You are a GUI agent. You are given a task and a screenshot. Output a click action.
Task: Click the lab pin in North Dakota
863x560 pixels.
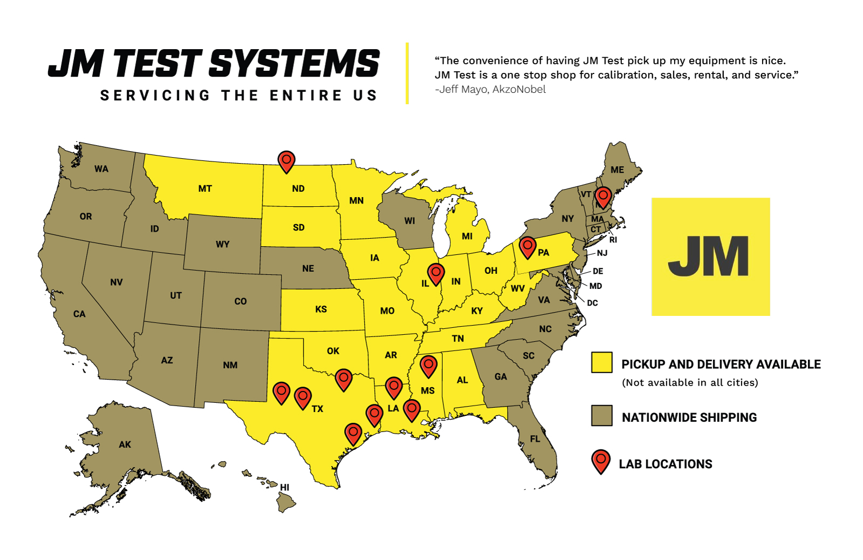click(286, 161)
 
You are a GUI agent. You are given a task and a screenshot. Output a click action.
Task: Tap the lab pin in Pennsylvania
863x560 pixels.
click(528, 247)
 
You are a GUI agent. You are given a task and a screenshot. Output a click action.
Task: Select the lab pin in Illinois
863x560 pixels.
click(436, 273)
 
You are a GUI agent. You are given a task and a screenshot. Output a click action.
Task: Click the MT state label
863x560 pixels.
click(205, 188)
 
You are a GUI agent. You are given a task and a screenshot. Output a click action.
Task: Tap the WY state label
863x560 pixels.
click(223, 244)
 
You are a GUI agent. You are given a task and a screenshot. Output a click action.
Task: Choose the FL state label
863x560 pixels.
click(535, 439)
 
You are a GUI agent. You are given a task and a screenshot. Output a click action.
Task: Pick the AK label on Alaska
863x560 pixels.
click(125, 444)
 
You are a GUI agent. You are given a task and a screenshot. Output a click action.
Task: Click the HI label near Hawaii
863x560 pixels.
click(285, 487)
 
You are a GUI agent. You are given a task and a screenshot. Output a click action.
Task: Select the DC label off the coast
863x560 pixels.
click(592, 303)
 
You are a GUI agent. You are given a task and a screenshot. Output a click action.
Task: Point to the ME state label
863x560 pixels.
click(618, 170)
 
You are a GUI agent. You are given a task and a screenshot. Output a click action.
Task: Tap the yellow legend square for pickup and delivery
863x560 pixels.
click(601, 362)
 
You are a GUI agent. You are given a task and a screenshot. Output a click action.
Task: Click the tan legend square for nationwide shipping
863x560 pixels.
click(601, 416)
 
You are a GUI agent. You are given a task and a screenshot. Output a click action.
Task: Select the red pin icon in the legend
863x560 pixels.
click(601, 461)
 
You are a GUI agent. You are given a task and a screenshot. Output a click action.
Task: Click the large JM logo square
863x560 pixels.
click(710, 257)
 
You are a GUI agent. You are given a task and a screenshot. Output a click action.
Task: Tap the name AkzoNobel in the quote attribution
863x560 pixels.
click(519, 90)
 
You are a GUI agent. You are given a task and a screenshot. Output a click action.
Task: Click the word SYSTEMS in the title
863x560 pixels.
click(294, 64)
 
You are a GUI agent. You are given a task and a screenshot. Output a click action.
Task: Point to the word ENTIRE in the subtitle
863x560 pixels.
click(306, 96)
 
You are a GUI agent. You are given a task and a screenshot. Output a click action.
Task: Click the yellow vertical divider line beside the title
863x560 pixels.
click(407, 73)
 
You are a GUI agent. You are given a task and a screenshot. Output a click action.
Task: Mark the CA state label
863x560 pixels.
click(79, 314)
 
